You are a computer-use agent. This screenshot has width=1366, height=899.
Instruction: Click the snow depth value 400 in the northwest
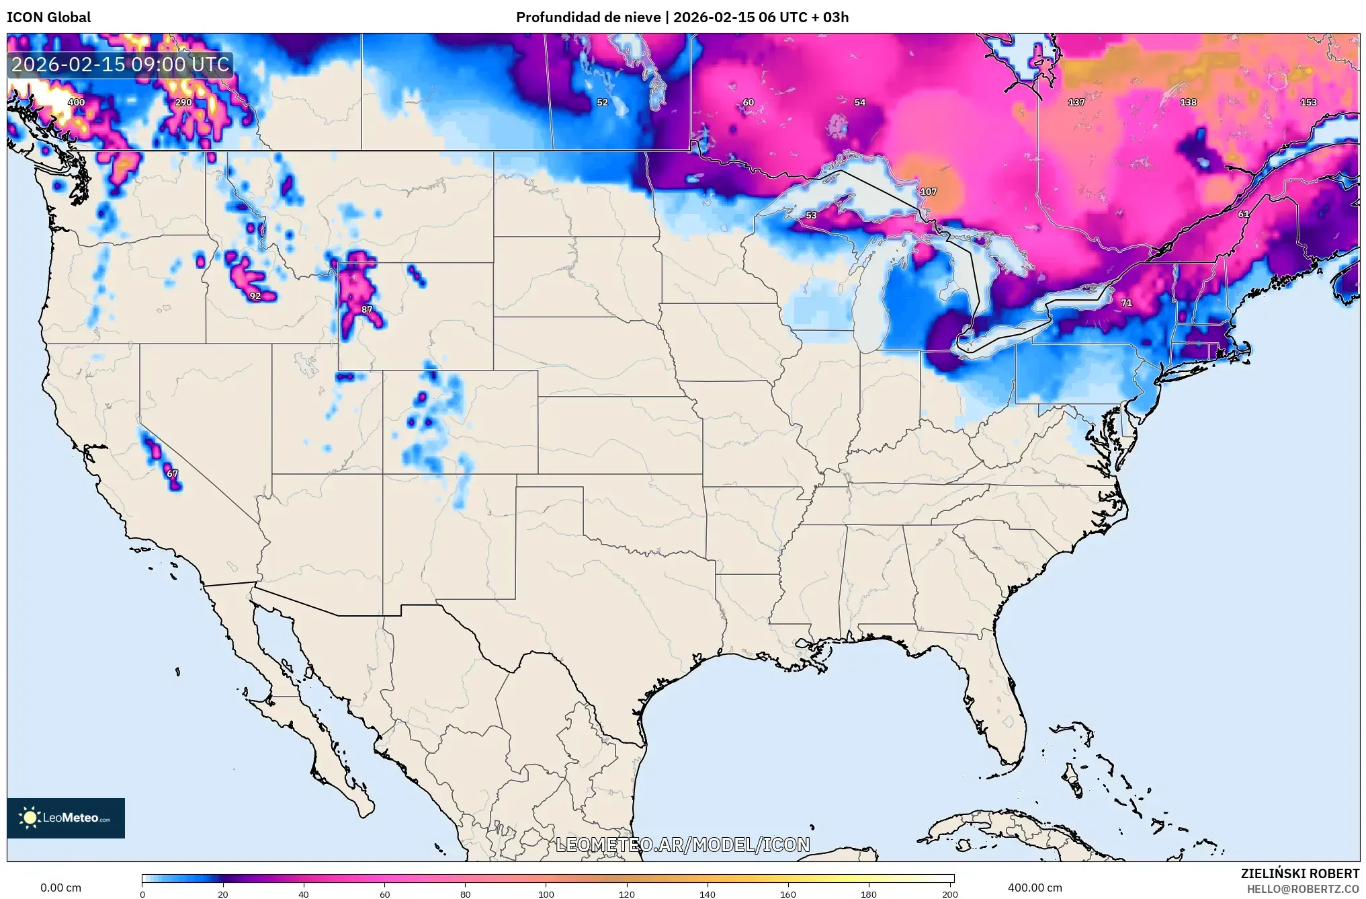76,102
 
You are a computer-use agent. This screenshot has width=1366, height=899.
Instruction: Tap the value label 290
183,102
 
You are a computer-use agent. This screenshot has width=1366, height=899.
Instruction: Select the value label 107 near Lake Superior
928,192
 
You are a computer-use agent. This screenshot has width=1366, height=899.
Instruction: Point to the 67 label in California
172,473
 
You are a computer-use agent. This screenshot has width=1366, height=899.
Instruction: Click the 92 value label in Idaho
255,296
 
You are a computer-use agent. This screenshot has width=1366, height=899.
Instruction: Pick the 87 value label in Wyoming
366,309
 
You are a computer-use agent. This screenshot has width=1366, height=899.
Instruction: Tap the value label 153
1308,102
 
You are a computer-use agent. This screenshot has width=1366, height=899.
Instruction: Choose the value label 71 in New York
1126,303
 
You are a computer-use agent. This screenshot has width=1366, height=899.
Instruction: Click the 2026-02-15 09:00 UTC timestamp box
121,65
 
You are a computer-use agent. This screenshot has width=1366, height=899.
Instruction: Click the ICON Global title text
48,17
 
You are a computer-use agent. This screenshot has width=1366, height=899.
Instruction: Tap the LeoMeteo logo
66,818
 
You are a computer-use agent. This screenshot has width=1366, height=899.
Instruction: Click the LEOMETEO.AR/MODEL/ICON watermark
683,845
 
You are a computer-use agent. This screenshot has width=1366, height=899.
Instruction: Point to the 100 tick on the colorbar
546,894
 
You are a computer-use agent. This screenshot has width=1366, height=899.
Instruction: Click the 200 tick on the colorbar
949,894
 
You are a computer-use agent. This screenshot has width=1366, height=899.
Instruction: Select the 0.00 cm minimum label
60,888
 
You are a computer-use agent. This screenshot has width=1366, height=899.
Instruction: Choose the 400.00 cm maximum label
1035,888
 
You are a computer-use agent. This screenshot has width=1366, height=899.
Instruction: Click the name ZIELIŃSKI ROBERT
1299,873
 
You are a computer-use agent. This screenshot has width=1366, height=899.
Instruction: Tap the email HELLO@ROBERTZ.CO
1303,889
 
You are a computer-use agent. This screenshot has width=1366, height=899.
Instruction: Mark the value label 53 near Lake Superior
811,215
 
